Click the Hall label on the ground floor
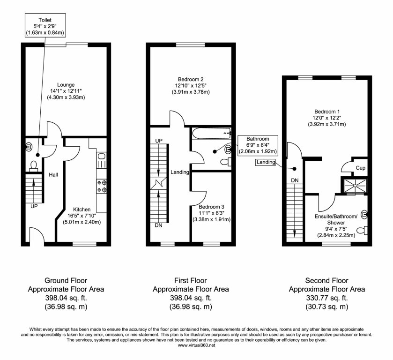tap(53, 175)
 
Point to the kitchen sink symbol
tap(102, 161)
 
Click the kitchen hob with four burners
tap(102, 186)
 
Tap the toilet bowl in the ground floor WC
tap(33, 165)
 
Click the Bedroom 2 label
tap(190, 79)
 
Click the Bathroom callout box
tap(258, 145)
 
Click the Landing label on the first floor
tap(179, 172)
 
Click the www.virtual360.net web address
tap(196, 345)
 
